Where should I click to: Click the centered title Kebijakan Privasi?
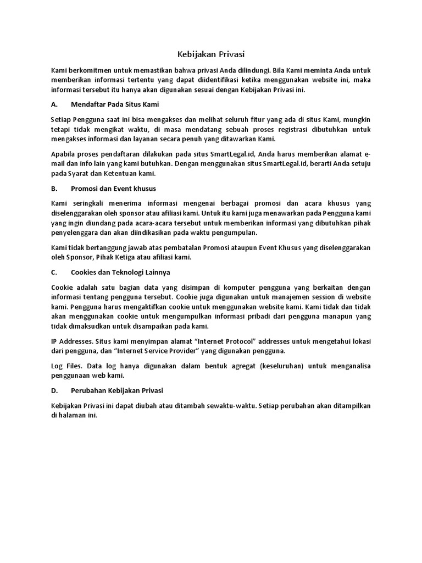click(x=211, y=54)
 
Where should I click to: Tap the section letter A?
click(x=54, y=104)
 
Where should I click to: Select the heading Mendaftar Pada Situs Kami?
click(x=115, y=104)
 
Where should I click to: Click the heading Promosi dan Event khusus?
click(x=114, y=188)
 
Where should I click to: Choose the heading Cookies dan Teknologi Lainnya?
click(x=120, y=272)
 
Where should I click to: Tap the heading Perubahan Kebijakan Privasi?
click(x=117, y=390)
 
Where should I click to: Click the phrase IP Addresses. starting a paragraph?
click(x=70, y=341)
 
